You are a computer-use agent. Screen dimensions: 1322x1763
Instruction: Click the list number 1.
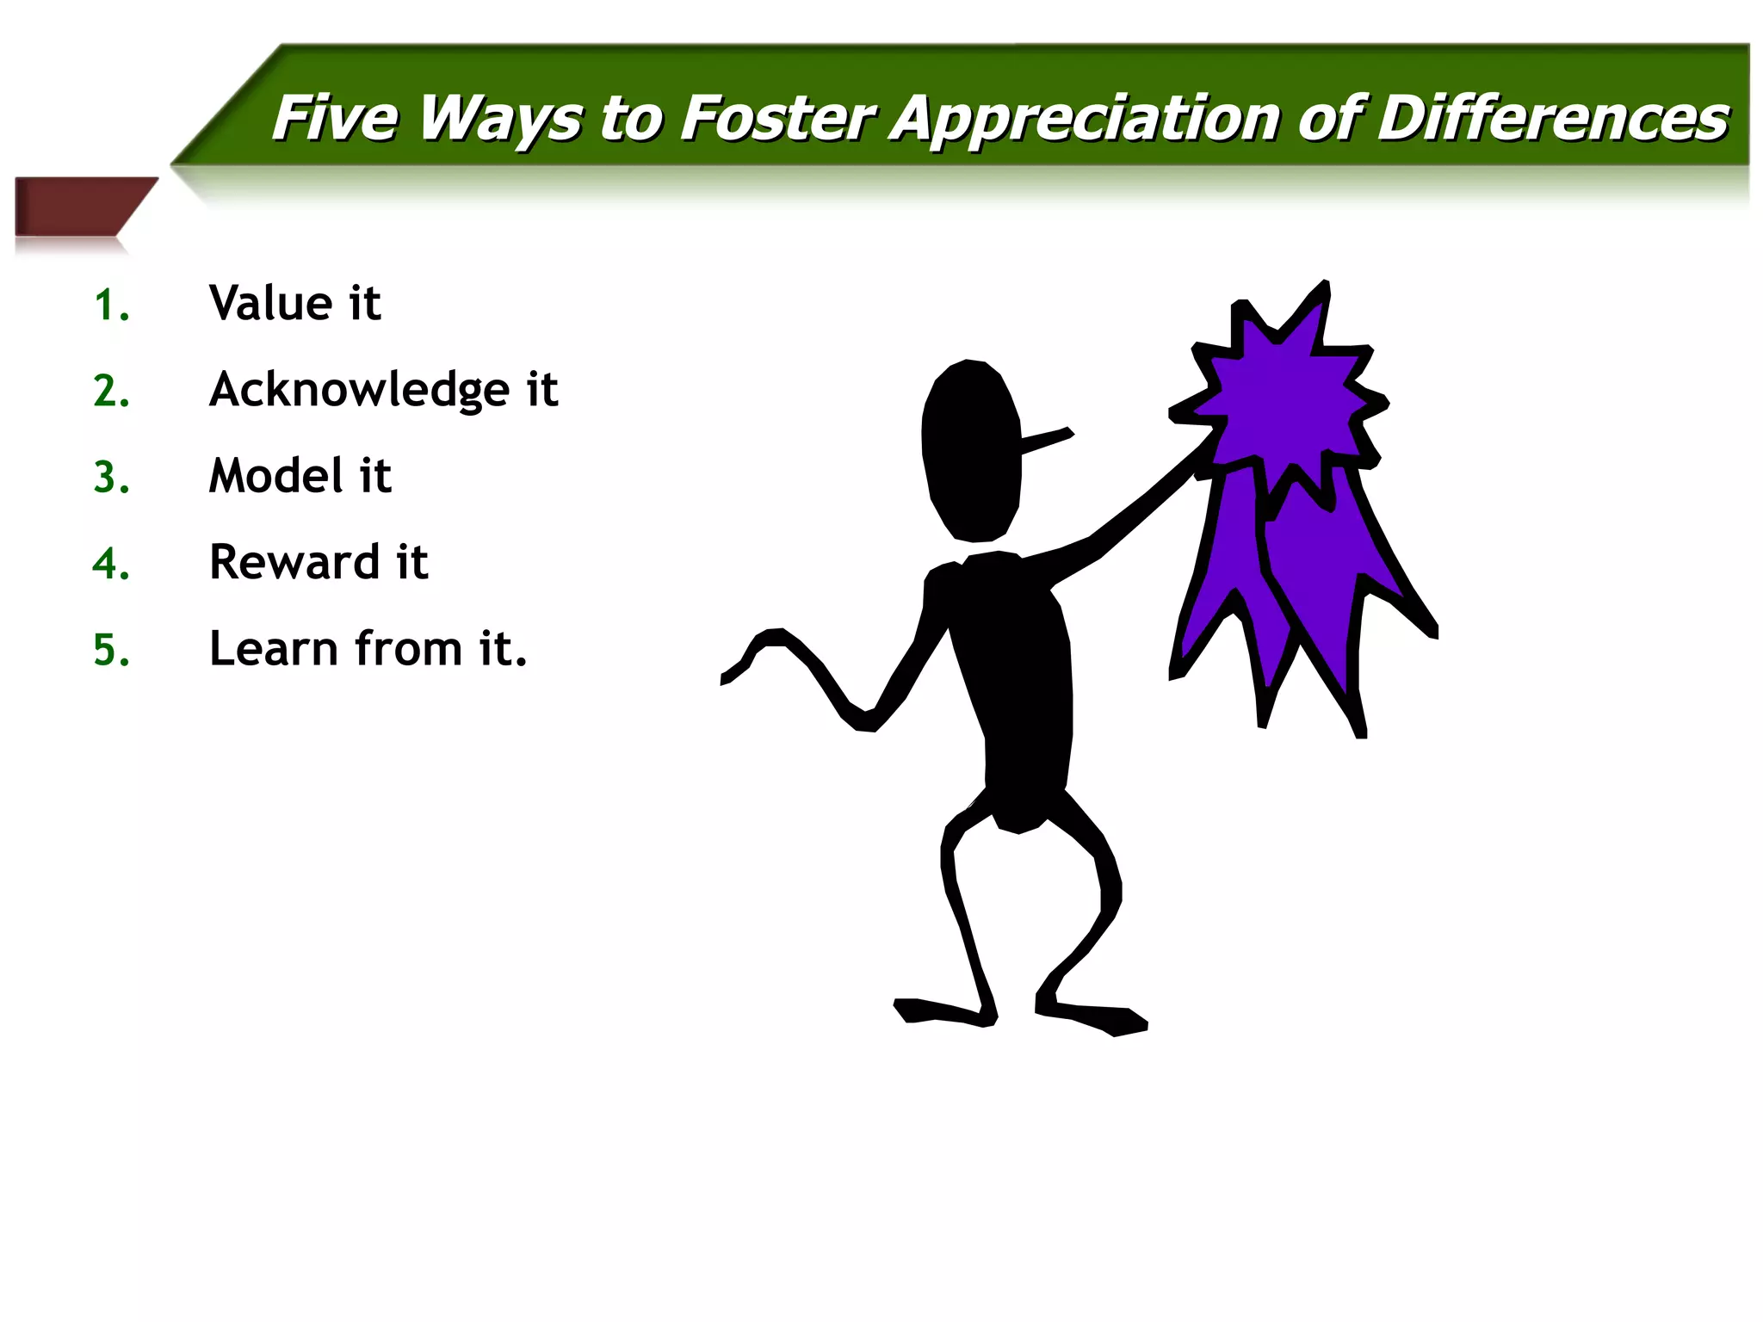pyautogui.click(x=111, y=306)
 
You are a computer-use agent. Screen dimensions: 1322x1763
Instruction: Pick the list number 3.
pyautogui.click(x=111, y=478)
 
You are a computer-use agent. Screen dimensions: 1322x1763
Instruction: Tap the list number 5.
pyautogui.click(x=111, y=650)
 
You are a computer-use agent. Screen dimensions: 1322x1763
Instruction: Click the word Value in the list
pyautogui.click(x=270, y=303)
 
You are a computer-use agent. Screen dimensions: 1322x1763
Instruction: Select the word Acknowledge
pyautogui.click(x=360, y=391)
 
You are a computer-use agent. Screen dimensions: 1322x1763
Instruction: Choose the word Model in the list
pyautogui.click(x=276, y=475)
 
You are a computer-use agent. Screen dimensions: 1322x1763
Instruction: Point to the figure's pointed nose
pyautogui.click(x=1046, y=440)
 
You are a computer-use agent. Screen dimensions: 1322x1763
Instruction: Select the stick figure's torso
pyautogui.click(x=1016, y=680)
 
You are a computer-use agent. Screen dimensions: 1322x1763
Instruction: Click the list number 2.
pyautogui.click(x=111, y=392)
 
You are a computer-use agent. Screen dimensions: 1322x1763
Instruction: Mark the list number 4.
pyautogui.click(x=111, y=564)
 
